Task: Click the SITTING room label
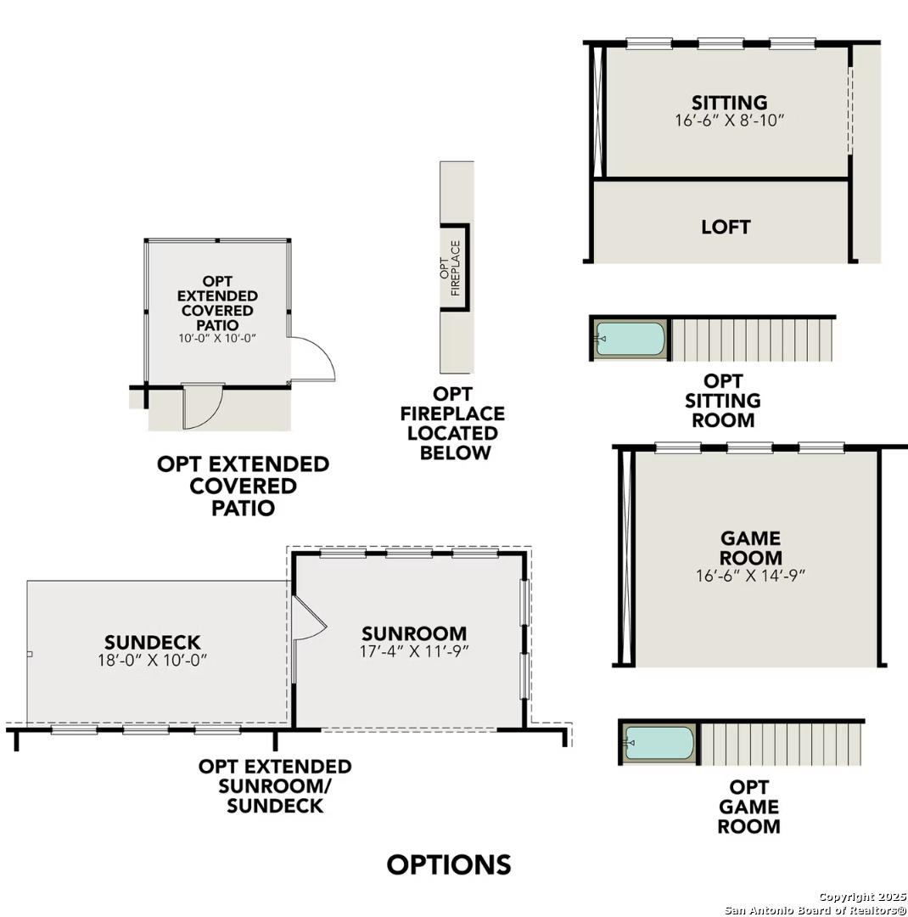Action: (729, 103)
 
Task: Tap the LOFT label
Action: (726, 227)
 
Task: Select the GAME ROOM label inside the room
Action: (751, 548)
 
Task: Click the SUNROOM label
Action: (414, 633)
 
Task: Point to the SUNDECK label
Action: (153, 642)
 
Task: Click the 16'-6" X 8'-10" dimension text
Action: (729, 121)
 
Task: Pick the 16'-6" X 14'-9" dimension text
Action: (750, 575)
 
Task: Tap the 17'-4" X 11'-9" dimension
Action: (414, 651)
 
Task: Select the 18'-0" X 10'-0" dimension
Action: (153, 660)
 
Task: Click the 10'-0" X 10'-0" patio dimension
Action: (217, 338)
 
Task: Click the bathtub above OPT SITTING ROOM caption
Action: (630, 339)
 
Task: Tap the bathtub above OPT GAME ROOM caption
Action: (659, 743)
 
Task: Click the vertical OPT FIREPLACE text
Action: (450, 269)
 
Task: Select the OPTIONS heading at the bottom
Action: (449, 864)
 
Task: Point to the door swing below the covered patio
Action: (205, 406)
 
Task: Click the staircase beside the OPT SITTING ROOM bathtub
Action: (752, 339)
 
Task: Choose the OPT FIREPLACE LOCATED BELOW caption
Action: (453, 423)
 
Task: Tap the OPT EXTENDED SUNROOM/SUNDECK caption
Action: (275, 785)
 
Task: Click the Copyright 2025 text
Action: (860, 897)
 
